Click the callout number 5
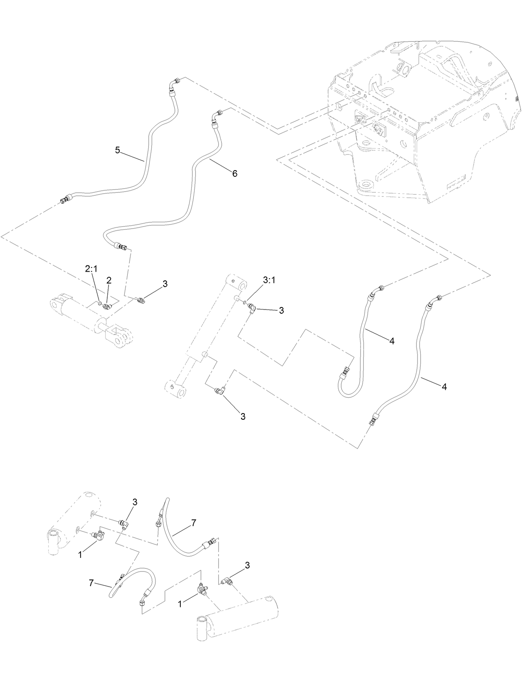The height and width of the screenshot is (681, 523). tap(118, 150)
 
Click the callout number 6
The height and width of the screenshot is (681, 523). tap(234, 173)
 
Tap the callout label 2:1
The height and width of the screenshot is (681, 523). tap(91, 269)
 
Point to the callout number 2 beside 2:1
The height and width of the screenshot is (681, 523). tap(109, 281)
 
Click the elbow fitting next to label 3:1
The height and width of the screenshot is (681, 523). tap(252, 308)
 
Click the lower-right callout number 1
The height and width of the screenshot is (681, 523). tap(180, 604)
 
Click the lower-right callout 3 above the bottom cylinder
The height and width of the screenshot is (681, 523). tap(247, 565)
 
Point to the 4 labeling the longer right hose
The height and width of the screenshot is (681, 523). tap(444, 386)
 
